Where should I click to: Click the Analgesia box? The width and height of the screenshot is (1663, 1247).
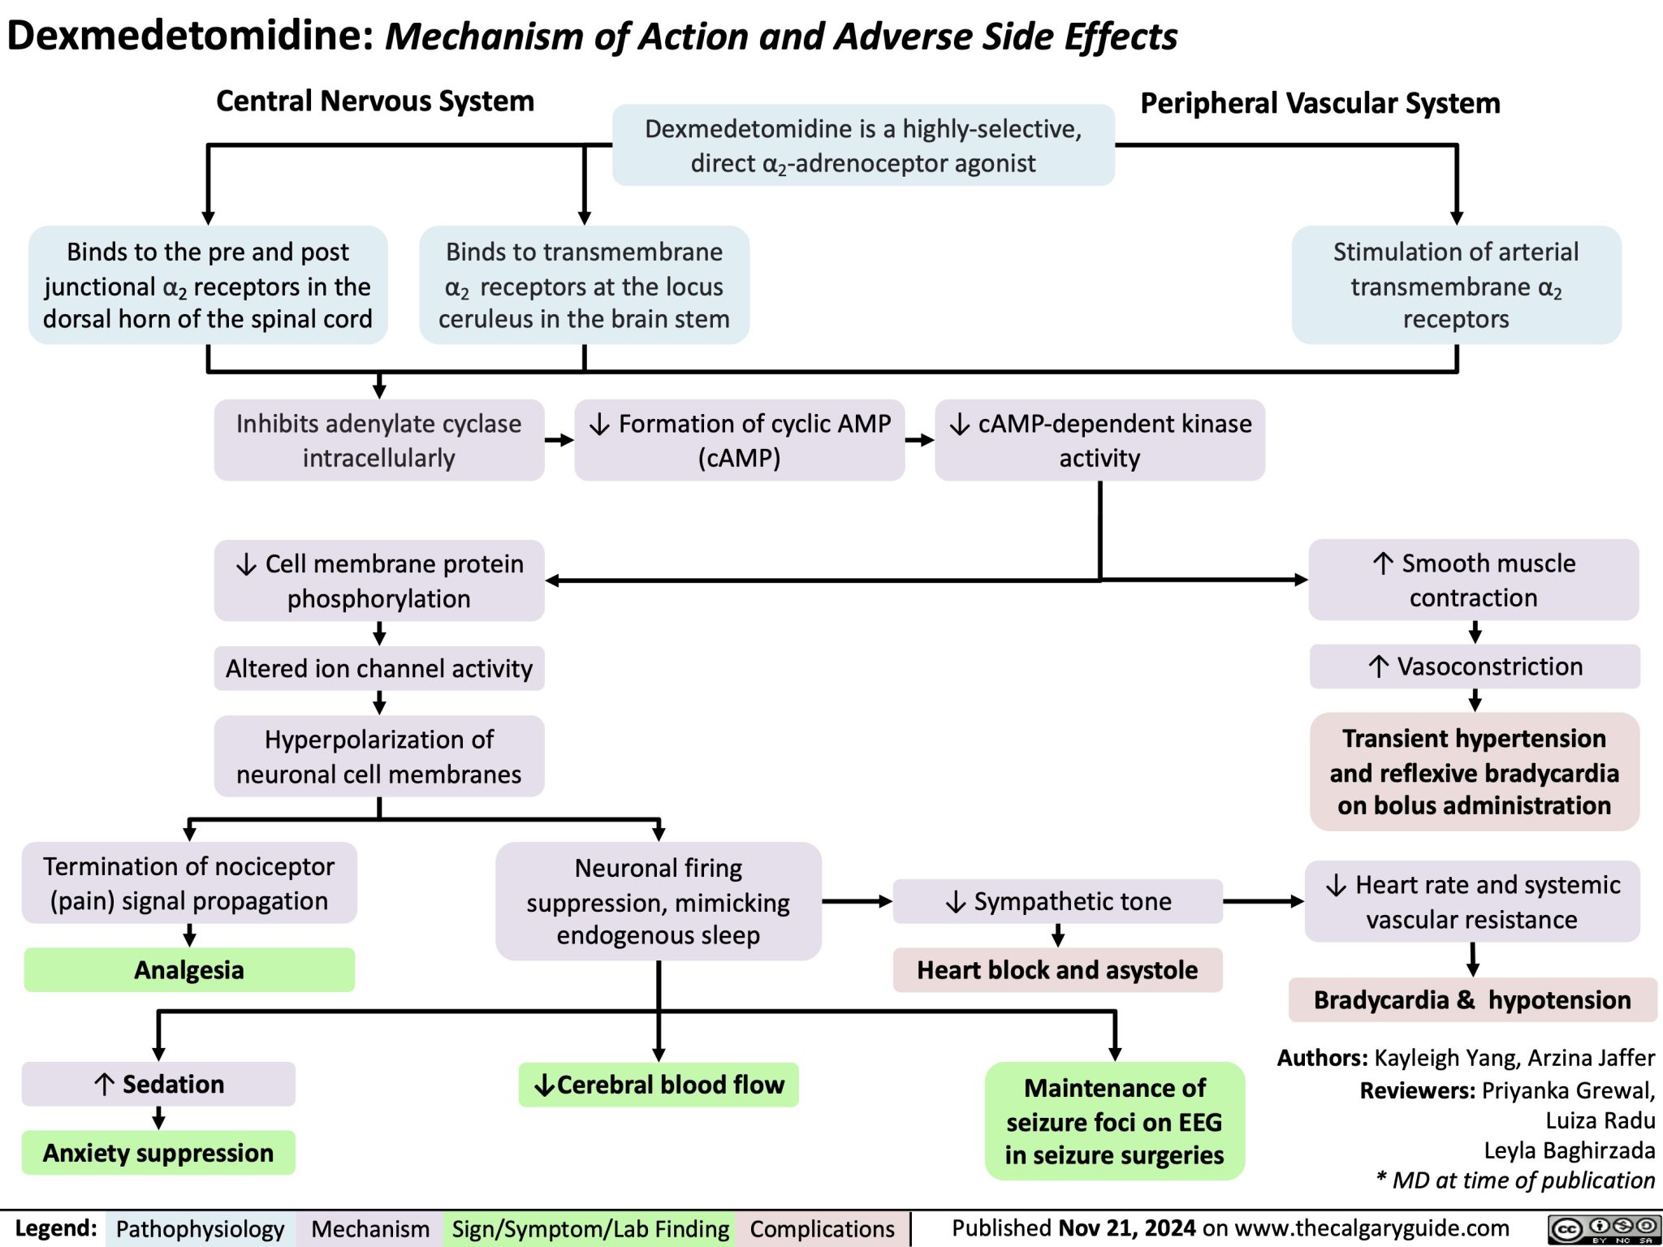coord(189,969)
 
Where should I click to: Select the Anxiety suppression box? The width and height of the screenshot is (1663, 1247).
coord(158,1152)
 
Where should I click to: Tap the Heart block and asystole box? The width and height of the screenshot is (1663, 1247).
coord(1057,969)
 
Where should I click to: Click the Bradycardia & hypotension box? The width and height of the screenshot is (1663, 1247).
coord(1472,999)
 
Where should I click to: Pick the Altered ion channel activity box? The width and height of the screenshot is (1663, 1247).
coord(378,668)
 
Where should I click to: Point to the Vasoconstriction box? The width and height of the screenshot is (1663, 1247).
coord(1474,667)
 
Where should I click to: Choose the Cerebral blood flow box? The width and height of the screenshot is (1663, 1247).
coord(659,1085)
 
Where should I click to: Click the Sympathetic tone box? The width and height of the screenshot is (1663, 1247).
coord(1057,901)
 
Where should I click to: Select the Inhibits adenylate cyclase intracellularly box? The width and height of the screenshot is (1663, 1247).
coord(378,440)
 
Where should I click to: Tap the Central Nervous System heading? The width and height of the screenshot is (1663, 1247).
coord(375,101)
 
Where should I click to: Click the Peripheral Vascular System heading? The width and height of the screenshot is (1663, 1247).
coord(1320,103)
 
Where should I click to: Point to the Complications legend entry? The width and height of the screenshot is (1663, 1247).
coord(822,1229)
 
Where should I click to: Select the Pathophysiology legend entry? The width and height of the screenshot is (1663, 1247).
coord(200,1229)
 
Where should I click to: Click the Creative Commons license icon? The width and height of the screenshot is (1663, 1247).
coord(1603,1228)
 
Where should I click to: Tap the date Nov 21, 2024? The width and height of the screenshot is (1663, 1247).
coord(1126,1228)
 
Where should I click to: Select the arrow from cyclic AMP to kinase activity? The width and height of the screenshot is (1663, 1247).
coord(919,440)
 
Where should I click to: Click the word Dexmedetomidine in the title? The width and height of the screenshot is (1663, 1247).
coord(190,36)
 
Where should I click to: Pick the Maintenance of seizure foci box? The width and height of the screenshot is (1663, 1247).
coord(1114,1120)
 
